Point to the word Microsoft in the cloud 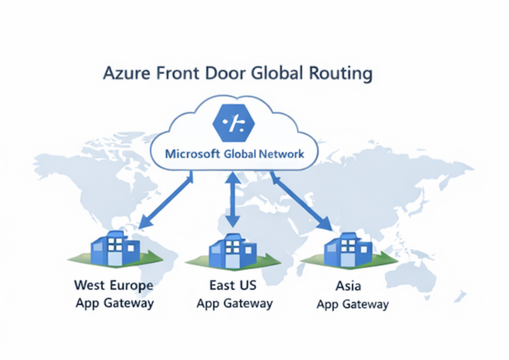click(x=192, y=153)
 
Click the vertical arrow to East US click(x=230, y=202)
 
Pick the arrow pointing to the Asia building click(x=300, y=201)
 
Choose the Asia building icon click(x=347, y=249)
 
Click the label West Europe click(x=113, y=286)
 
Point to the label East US click(x=233, y=286)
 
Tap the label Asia click(x=352, y=287)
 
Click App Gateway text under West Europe click(x=113, y=303)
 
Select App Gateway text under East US click(x=234, y=303)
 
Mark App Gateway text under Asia click(x=352, y=305)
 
